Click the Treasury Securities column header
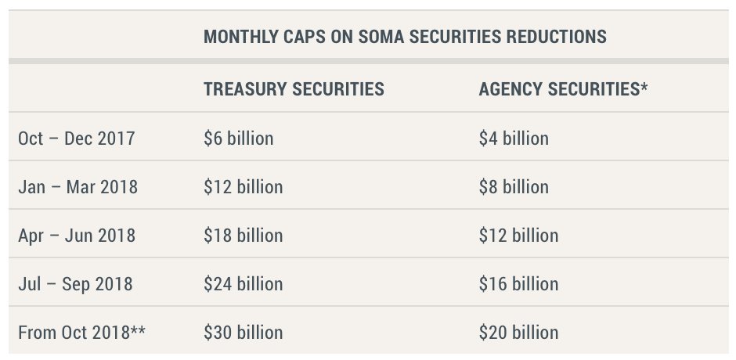[294, 89]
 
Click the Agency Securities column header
[562, 89]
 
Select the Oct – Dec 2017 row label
[77, 139]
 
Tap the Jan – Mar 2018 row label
[78, 187]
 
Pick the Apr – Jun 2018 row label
[77, 236]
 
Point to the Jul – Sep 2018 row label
[75, 284]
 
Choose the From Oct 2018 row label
[81, 333]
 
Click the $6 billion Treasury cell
[239, 139]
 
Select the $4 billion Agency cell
[514, 139]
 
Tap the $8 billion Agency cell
[514, 187]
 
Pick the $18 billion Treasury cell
[244, 236]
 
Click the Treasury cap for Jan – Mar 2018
[244, 187]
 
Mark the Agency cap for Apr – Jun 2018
[518, 236]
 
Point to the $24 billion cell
[244, 284]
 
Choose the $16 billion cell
[518, 284]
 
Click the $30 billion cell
[244, 333]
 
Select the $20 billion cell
[518, 333]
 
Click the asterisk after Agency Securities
[644, 86]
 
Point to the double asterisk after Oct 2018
[139, 329]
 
